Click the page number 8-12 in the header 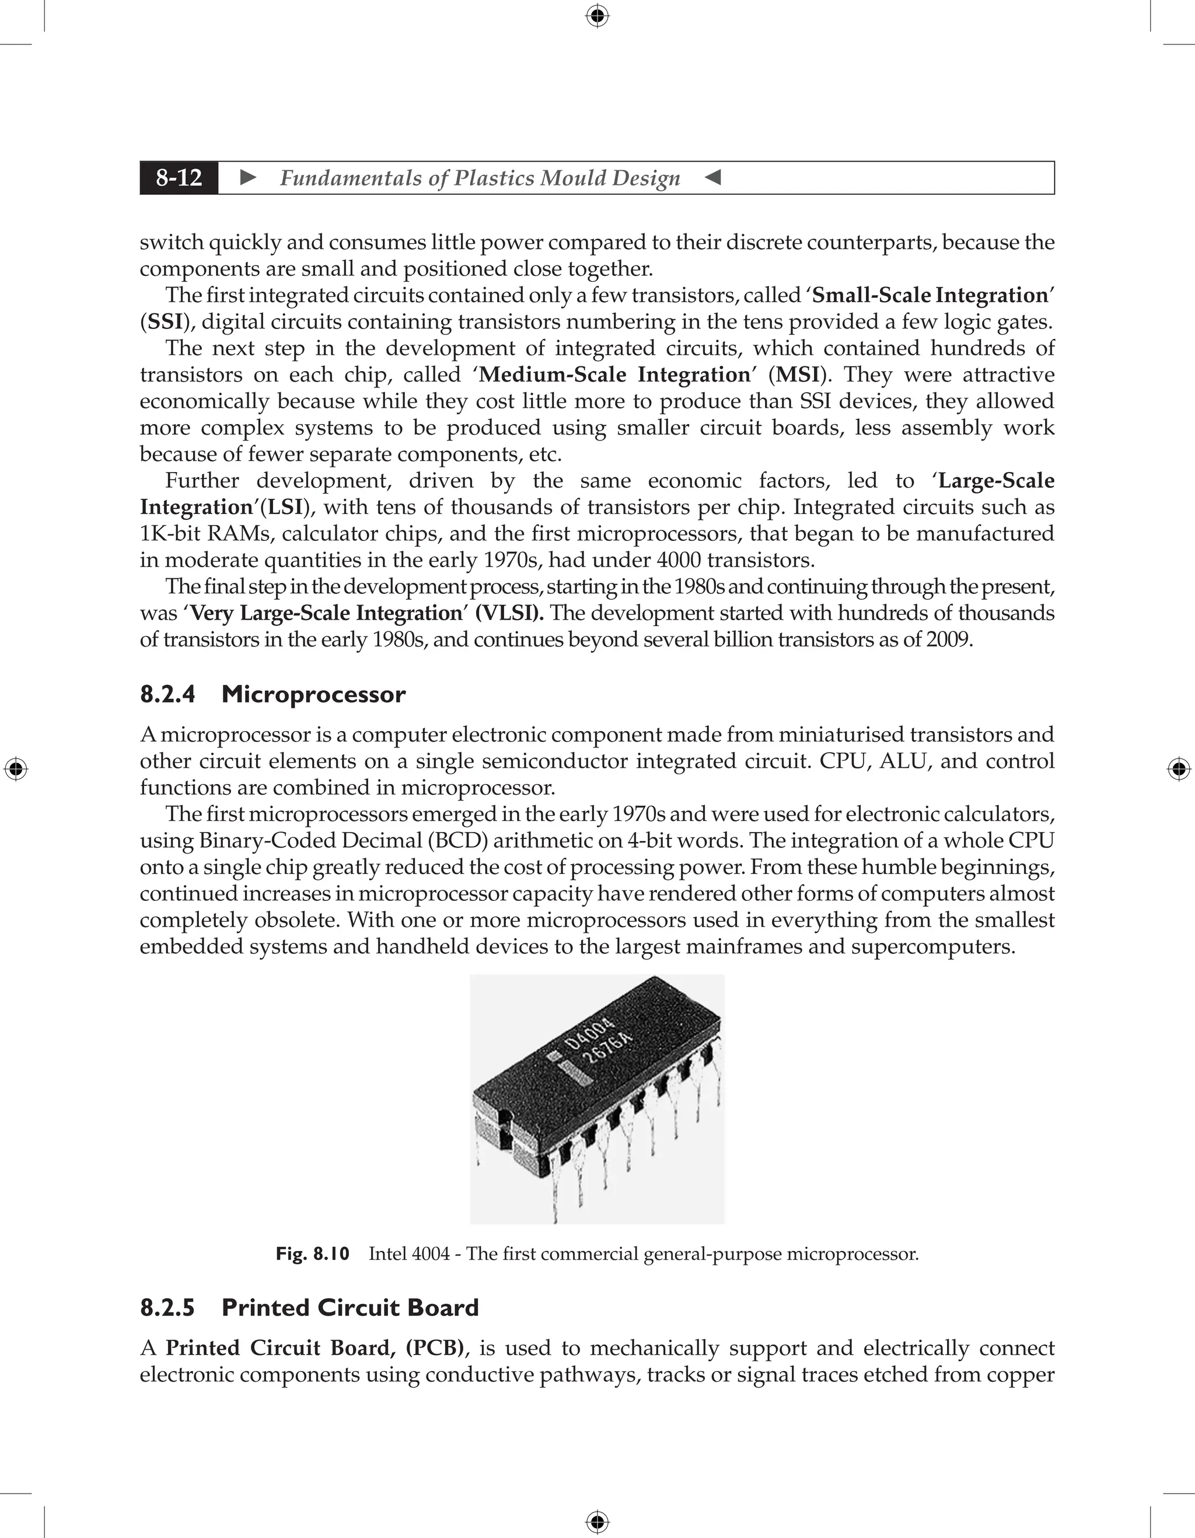[179, 178]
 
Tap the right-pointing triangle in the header [248, 178]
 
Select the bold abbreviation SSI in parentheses [166, 322]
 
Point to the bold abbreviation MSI [797, 375]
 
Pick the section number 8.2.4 [167, 694]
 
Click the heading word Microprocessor [313, 694]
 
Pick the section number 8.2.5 [167, 1308]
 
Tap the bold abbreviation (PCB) [435, 1348]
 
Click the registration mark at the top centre [597, 16]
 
